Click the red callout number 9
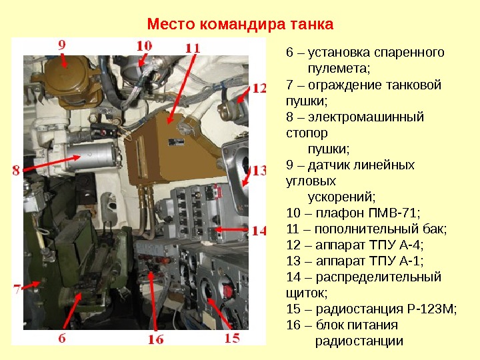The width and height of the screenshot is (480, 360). point(62,45)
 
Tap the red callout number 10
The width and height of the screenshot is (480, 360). point(144,46)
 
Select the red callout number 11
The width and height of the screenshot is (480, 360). point(193,49)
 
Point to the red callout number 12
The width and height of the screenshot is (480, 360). point(259,89)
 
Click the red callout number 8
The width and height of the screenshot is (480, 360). point(16,170)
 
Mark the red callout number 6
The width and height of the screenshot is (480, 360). point(62,338)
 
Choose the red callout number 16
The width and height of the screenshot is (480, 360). point(156,339)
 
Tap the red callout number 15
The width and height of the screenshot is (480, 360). point(232,338)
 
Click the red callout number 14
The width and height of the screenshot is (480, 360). point(259,231)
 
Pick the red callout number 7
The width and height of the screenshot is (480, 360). point(17,289)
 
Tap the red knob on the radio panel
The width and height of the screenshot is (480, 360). point(227,290)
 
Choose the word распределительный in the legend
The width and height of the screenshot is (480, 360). point(379,277)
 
